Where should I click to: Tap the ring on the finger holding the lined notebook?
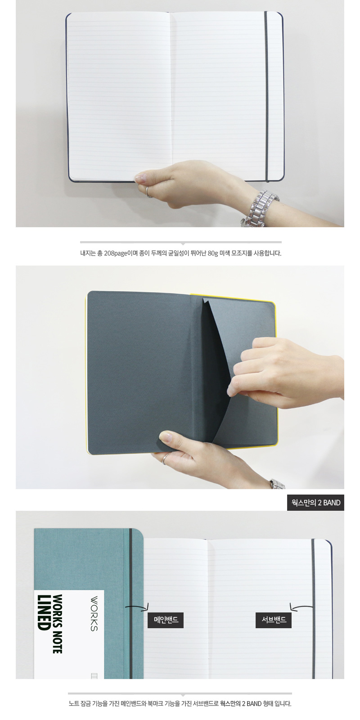click(148, 192)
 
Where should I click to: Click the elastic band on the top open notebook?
click(266, 96)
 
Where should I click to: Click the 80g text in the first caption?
click(213, 253)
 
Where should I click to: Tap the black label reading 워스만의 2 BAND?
click(315, 503)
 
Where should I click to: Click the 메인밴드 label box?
click(166, 619)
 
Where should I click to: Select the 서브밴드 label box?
click(274, 619)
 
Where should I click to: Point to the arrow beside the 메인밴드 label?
click(137, 607)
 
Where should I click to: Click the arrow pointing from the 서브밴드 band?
click(301, 607)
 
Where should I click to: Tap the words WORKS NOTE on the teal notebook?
click(57, 624)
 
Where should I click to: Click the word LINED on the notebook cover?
click(42, 612)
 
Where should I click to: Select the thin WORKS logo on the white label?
click(94, 614)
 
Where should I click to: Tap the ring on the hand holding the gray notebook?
click(165, 459)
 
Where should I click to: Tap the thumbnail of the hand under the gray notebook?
click(165, 436)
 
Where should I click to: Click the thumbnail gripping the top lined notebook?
click(140, 177)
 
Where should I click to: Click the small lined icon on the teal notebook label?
click(94, 675)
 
